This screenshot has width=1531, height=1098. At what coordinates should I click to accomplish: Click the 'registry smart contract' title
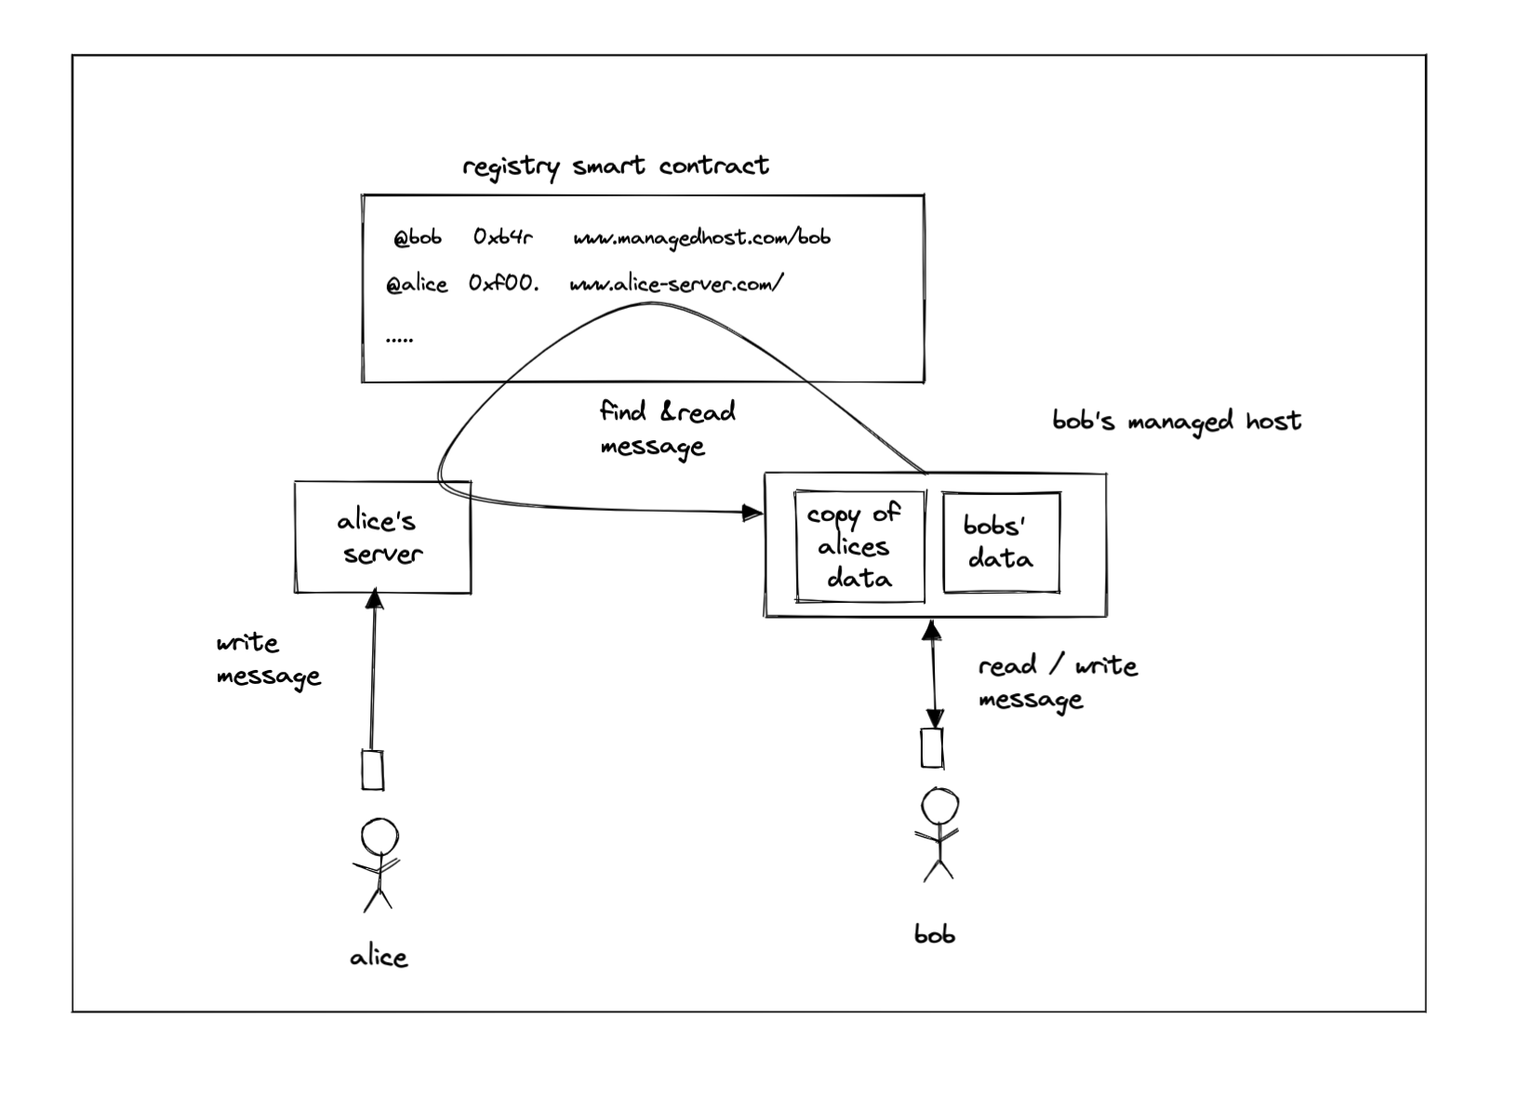(x=615, y=167)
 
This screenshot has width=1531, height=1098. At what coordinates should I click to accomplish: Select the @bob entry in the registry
(x=417, y=238)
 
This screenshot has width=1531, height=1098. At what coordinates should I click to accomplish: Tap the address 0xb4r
(x=502, y=238)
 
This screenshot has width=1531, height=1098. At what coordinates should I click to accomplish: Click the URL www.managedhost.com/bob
(x=701, y=238)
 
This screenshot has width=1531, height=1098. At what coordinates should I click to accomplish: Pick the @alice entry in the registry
(x=417, y=284)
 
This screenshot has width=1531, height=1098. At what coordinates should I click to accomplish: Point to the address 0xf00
(x=503, y=283)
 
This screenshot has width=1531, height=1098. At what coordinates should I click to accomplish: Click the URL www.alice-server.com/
(x=676, y=284)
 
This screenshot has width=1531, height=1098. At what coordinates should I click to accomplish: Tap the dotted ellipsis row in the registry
(x=399, y=340)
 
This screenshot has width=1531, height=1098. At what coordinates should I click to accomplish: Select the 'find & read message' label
(x=666, y=428)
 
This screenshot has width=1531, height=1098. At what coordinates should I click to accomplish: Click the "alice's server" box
(x=382, y=537)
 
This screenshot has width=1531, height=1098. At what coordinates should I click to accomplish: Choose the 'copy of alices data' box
(x=859, y=546)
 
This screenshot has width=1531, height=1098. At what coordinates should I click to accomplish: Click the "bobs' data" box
(x=1001, y=542)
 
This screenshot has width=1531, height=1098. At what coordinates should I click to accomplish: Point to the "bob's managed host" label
(x=1176, y=422)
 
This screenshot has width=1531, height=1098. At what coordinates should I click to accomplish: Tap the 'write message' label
(x=268, y=660)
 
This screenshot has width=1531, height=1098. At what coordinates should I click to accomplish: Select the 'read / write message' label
(x=1057, y=682)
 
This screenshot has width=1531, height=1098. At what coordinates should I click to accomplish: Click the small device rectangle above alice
(x=373, y=770)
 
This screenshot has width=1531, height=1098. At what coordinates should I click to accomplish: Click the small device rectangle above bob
(x=932, y=748)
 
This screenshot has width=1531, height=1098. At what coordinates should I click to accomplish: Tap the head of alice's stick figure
(x=379, y=837)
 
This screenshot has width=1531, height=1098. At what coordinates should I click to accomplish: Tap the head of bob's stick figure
(x=939, y=807)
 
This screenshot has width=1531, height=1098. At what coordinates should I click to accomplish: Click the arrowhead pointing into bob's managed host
(x=753, y=512)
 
